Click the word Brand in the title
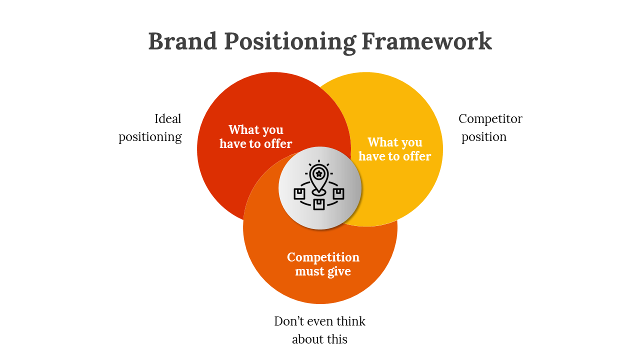pos(182,41)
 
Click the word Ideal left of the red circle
pos(167,119)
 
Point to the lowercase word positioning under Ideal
pos(150,137)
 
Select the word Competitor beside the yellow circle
pos(490,119)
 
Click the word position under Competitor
pos(483,137)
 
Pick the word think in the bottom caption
pos(351,321)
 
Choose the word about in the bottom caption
pos(307,339)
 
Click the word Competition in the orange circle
pos(323,257)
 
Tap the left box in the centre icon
pos(299,193)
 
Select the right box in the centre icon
pos(338,193)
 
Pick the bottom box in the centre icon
pos(319,204)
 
